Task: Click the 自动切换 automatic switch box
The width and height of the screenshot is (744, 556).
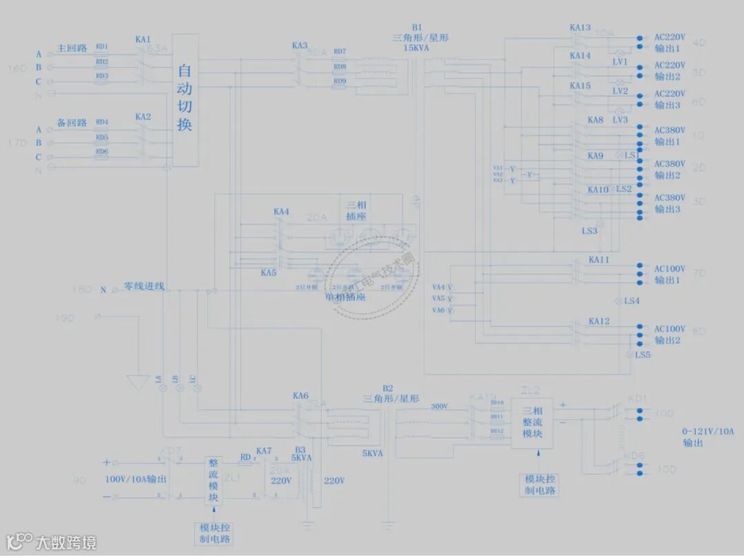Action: click(x=185, y=99)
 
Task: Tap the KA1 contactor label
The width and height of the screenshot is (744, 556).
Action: click(x=143, y=40)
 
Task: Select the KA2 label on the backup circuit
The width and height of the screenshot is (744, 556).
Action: click(x=143, y=117)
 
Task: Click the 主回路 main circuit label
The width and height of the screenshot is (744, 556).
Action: click(x=72, y=48)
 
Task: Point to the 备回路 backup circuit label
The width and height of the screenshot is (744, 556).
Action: click(x=72, y=123)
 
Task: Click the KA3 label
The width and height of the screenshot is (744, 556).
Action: click(x=300, y=46)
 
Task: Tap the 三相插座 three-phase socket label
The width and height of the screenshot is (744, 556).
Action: click(x=356, y=211)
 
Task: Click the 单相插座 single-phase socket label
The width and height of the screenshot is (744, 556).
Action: click(x=345, y=298)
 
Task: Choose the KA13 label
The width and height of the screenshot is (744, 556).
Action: click(x=580, y=28)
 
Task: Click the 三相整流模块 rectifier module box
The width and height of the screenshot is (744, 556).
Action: click(x=532, y=423)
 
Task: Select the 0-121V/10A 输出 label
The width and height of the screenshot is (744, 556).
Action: click(x=708, y=437)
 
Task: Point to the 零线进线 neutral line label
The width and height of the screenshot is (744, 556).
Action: click(x=144, y=286)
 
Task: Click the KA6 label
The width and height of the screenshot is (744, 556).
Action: click(x=300, y=396)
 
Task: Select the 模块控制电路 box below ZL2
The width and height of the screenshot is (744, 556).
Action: click(x=541, y=485)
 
